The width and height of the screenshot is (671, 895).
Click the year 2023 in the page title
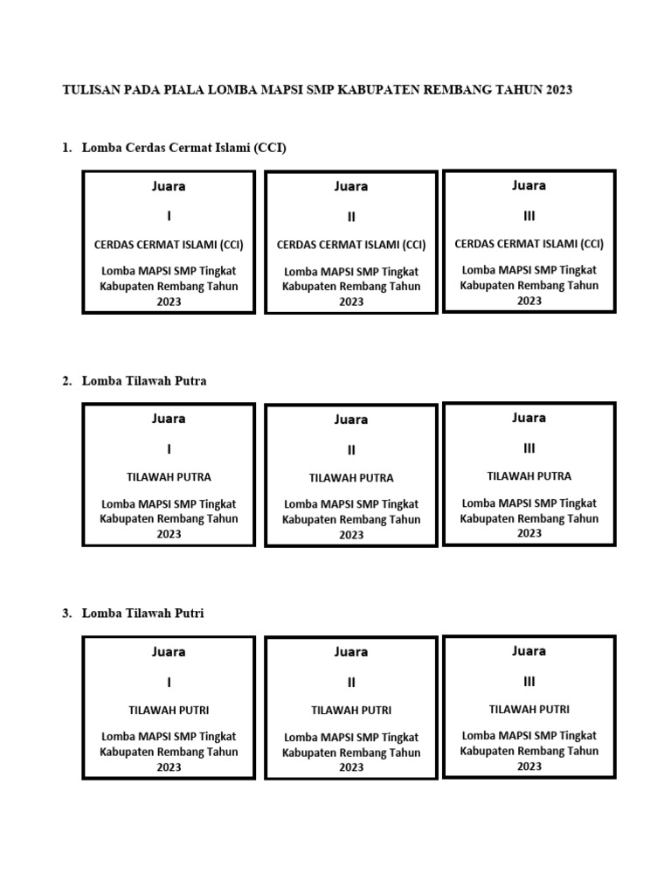click(558, 90)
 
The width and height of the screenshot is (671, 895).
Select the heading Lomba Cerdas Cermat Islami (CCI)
click(183, 147)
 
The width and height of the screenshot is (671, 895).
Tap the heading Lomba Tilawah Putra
click(144, 381)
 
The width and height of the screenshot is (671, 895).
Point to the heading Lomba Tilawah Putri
click(142, 613)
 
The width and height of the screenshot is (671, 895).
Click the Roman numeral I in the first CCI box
click(169, 216)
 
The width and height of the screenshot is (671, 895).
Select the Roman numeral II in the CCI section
click(351, 217)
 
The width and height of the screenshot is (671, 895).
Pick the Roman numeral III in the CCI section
click(529, 216)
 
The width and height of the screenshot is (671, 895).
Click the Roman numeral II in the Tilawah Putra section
click(351, 450)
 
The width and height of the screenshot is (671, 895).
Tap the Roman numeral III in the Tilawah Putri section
click(529, 682)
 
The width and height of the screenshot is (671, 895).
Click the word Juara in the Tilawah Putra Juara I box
click(169, 419)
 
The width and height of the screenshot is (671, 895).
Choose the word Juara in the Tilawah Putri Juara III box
click(529, 650)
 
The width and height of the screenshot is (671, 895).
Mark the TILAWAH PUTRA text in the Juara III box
click(529, 476)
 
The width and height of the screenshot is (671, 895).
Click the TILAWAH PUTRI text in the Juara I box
click(169, 710)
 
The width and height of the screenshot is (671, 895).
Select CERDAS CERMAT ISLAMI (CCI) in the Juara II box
click(351, 245)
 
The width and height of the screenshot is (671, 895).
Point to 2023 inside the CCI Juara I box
click(169, 302)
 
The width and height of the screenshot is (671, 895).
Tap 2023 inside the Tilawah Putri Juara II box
click(351, 767)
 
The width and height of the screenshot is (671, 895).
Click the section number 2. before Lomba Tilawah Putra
click(67, 381)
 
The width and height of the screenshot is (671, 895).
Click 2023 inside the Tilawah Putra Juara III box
click(529, 533)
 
